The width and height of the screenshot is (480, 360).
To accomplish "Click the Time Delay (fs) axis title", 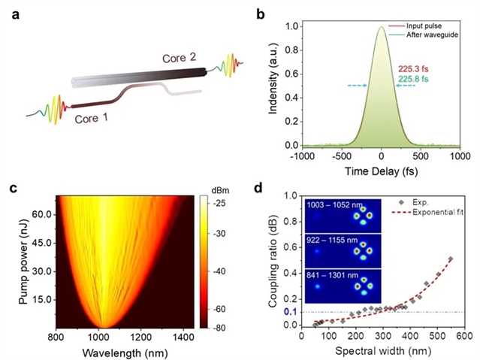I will click(x=382, y=172).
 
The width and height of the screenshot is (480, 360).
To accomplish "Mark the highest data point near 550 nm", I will click(x=449, y=259).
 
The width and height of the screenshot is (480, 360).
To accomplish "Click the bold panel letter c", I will click(x=13, y=189).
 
